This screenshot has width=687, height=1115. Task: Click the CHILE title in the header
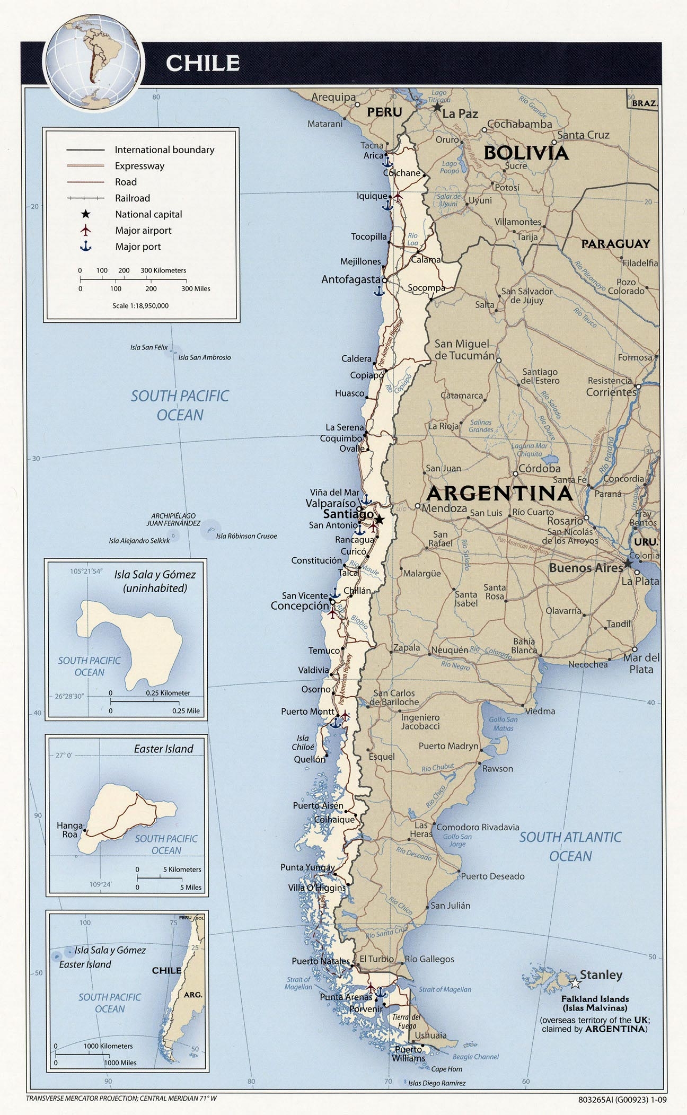click(202, 63)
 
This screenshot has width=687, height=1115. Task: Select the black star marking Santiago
click(380, 517)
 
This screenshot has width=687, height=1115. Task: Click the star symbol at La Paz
click(437, 107)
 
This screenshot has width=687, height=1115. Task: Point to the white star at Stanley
click(575, 984)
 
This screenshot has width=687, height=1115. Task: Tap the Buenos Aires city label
click(586, 568)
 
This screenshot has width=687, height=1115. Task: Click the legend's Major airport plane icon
click(85, 231)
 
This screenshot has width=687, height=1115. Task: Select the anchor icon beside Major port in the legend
click(85, 247)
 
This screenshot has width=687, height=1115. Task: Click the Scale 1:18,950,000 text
click(140, 306)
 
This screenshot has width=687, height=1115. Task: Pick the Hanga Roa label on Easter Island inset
click(70, 830)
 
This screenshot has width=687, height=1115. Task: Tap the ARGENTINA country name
click(499, 493)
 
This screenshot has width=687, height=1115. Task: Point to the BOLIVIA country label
click(526, 153)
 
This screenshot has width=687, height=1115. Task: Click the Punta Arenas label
click(346, 997)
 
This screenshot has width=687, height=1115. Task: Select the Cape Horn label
click(446, 1069)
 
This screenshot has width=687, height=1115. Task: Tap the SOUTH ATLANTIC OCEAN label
click(570, 846)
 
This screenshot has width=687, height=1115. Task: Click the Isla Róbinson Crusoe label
click(246, 536)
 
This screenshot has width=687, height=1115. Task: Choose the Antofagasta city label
click(350, 279)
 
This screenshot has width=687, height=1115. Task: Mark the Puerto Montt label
click(307, 712)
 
